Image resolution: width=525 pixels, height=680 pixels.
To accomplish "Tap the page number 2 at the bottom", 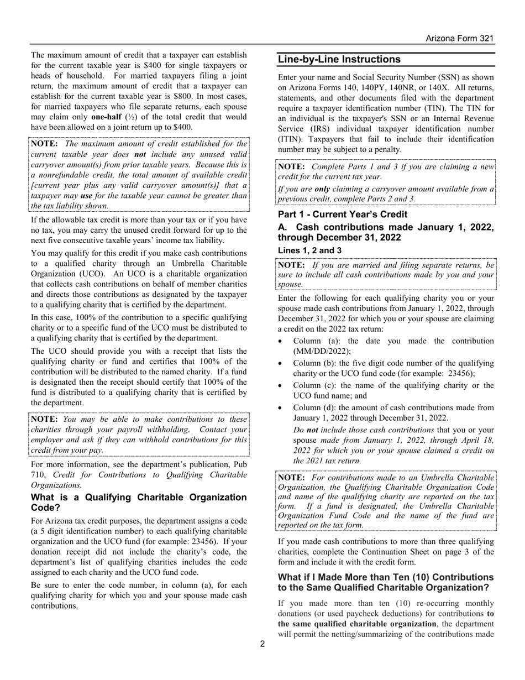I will [262, 644].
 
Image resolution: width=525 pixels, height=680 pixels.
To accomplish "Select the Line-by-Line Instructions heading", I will [339, 60].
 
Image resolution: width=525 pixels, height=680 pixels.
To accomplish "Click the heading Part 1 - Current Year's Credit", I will [343, 214].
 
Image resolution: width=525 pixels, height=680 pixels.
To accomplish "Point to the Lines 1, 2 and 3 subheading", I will [309, 250].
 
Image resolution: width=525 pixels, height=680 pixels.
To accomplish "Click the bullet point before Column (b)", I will [282, 363].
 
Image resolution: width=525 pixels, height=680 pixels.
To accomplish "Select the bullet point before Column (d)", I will [282, 408].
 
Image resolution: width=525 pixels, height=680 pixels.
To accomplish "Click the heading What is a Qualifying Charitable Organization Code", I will [138, 503].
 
